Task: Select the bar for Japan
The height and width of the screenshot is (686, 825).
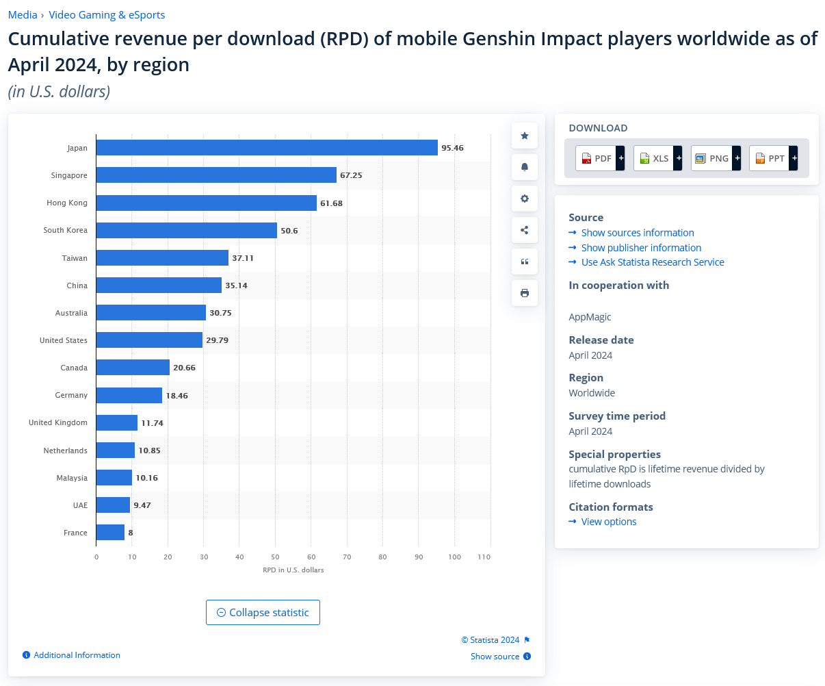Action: [267, 148]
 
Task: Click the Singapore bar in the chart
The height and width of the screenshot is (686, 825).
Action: [216, 175]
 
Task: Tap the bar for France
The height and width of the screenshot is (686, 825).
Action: [110, 533]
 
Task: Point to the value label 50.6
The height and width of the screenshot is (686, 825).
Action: [289, 231]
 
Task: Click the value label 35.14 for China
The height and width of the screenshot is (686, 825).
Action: [236, 285]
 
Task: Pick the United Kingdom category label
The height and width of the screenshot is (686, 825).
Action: [58, 422]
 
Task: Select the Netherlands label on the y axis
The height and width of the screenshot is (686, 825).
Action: [65, 450]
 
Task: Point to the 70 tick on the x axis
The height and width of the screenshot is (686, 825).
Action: [347, 557]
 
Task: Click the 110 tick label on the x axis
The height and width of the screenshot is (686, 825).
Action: [484, 557]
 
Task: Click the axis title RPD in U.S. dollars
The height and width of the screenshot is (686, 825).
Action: [293, 570]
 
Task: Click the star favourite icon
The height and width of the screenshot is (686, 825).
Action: [525, 136]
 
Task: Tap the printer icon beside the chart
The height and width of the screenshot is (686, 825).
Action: [525, 293]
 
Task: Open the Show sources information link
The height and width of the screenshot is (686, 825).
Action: [638, 233]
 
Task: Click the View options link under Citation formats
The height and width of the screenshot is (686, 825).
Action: [609, 522]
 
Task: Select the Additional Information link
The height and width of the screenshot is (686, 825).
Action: [77, 655]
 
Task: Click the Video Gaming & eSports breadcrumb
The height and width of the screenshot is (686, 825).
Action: [107, 14]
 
